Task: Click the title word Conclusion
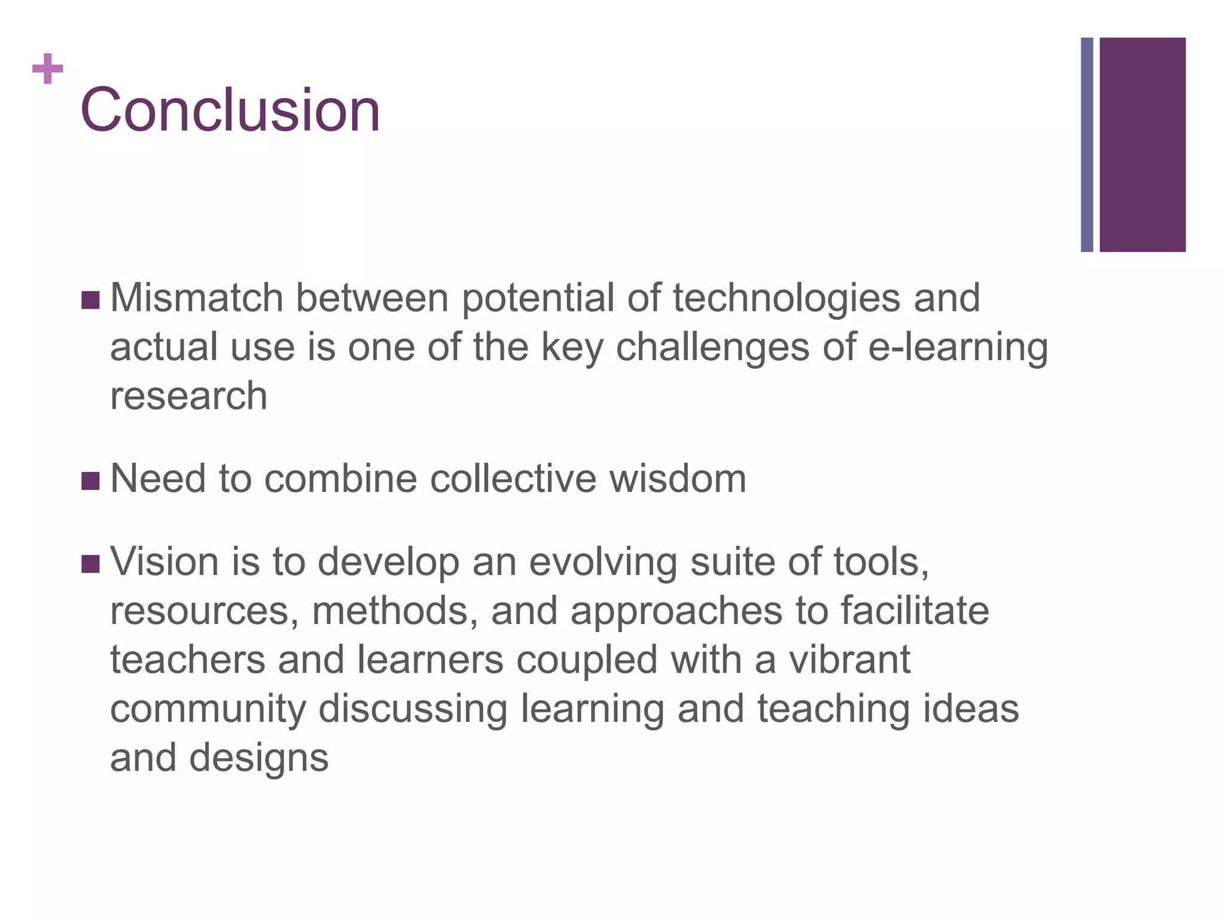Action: pyautogui.click(x=230, y=110)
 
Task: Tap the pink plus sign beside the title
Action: pyautogui.click(x=48, y=69)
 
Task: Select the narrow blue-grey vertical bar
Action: pyautogui.click(x=1087, y=145)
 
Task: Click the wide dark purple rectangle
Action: pyautogui.click(x=1142, y=145)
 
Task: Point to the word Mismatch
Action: pyautogui.click(x=197, y=298)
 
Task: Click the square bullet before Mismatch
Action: pyautogui.click(x=90, y=300)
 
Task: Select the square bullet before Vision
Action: pyautogui.click(x=90, y=564)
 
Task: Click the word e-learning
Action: pyautogui.click(x=958, y=348)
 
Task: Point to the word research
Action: pyautogui.click(x=188, y=396)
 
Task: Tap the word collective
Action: pyautogui.click(x=513, y=479)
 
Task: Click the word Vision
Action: pyautogui.click(x=164, y=562)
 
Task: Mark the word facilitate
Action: pyautogui.click(x=915, y=611)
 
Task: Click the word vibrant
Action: pyautogui.click(x=849, y=660)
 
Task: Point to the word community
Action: pyautogui.click(x=208, y=709)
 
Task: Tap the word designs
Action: pyautogui.click(x=259, y=758)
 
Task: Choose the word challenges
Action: pyautogui.click(x=712, y=348)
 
